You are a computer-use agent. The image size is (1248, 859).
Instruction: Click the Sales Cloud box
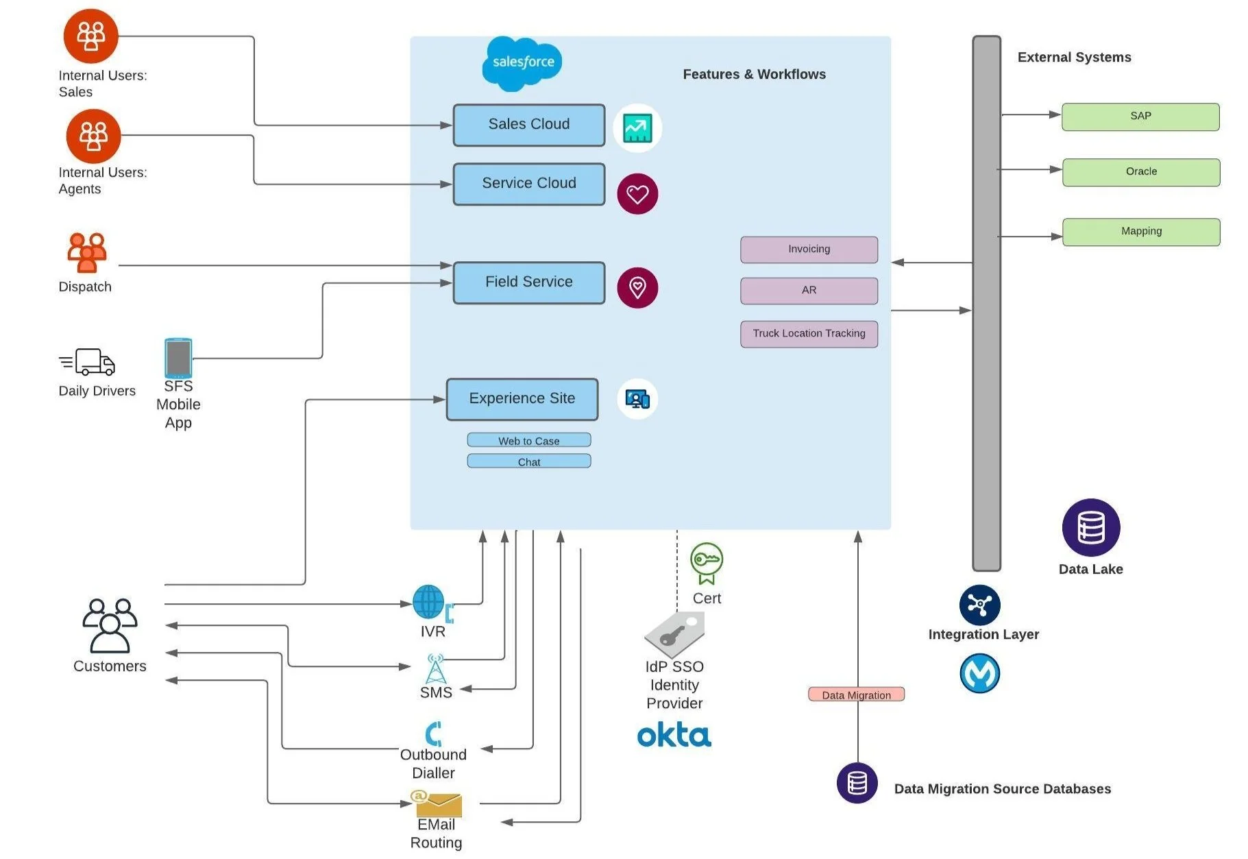click(528, 125)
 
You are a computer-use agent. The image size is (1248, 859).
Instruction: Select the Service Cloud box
click(528, 184)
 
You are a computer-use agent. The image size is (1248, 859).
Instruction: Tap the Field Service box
click(528, 282)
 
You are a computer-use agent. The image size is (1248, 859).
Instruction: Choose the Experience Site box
click(522, 399)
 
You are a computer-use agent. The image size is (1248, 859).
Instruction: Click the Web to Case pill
click(528, 440)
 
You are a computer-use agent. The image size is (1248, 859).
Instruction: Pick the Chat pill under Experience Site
click(528, 461)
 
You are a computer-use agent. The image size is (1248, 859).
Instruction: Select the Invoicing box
click(809, 250)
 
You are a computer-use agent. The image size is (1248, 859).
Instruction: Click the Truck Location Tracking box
click(809, 334)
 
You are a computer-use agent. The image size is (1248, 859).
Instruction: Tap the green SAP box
click(1140, 117)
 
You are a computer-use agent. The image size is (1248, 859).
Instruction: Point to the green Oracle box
click(1141, 172)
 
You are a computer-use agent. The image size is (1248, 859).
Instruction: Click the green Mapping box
click(1141, 232)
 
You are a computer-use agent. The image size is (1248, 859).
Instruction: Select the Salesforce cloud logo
click(522, 63)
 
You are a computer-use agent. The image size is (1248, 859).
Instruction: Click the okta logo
click(674, 735)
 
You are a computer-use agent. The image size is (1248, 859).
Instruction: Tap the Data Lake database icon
click(1090, 527)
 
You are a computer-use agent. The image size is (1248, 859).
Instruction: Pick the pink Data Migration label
click(856, 694)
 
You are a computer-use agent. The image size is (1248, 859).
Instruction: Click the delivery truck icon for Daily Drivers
click(88, 362)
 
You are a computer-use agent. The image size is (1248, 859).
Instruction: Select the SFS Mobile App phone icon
click(178, 357)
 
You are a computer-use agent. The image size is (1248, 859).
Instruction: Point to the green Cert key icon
click(706, 562)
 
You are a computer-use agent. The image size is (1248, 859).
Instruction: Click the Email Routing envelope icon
click(437, 803)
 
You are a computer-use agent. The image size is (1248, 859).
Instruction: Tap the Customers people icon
click(110, 625)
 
